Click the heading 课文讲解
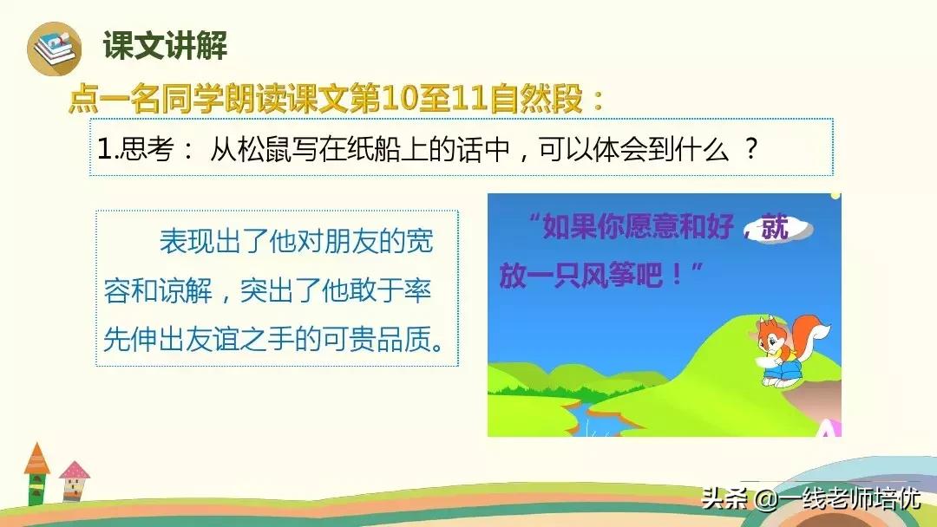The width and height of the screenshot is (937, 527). coord(165,45)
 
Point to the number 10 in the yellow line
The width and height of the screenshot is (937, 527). coord(398,99)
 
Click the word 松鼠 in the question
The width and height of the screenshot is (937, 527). coord(265,149)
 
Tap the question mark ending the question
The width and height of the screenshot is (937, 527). coord(751,148)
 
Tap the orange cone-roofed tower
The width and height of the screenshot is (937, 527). coord(36,472)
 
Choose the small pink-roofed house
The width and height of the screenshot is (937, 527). coord(74,481)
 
